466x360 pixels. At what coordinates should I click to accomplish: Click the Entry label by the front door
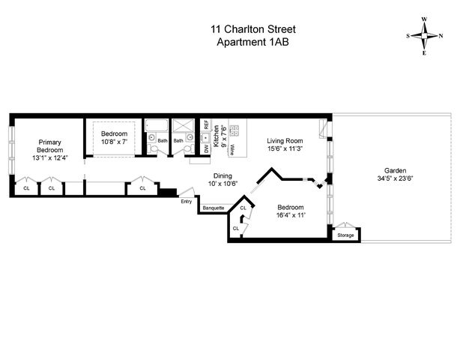(187, 202)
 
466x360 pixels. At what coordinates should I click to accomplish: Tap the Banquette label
(214, 208)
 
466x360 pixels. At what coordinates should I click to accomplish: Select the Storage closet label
(345, 235)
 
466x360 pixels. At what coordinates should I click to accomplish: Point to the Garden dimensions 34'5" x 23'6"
(396, 178)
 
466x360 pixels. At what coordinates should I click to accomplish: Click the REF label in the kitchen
(206, 124)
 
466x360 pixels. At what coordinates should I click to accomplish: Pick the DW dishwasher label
(206, 149)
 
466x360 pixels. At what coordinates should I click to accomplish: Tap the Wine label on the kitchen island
(232, 150)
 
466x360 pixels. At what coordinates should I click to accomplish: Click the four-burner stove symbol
(234, 130)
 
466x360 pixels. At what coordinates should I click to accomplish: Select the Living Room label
(285, 141)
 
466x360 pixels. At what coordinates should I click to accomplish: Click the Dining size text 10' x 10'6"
(223, 184)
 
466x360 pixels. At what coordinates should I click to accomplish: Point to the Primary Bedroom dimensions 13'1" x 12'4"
(50, 157)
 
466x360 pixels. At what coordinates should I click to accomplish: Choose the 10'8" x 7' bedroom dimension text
(114, 142)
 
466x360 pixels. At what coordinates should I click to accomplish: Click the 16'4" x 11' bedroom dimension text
(291, 215)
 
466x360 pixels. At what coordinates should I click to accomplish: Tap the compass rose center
(424, 36)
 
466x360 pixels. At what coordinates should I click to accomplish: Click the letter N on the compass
(441, 36)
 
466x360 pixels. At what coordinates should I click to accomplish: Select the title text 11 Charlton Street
(253, 29)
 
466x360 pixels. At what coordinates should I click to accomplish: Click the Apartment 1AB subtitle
(253, 42)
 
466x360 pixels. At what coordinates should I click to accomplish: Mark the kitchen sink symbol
(205, 138)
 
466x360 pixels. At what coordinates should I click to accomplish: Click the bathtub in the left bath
(157, 125)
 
